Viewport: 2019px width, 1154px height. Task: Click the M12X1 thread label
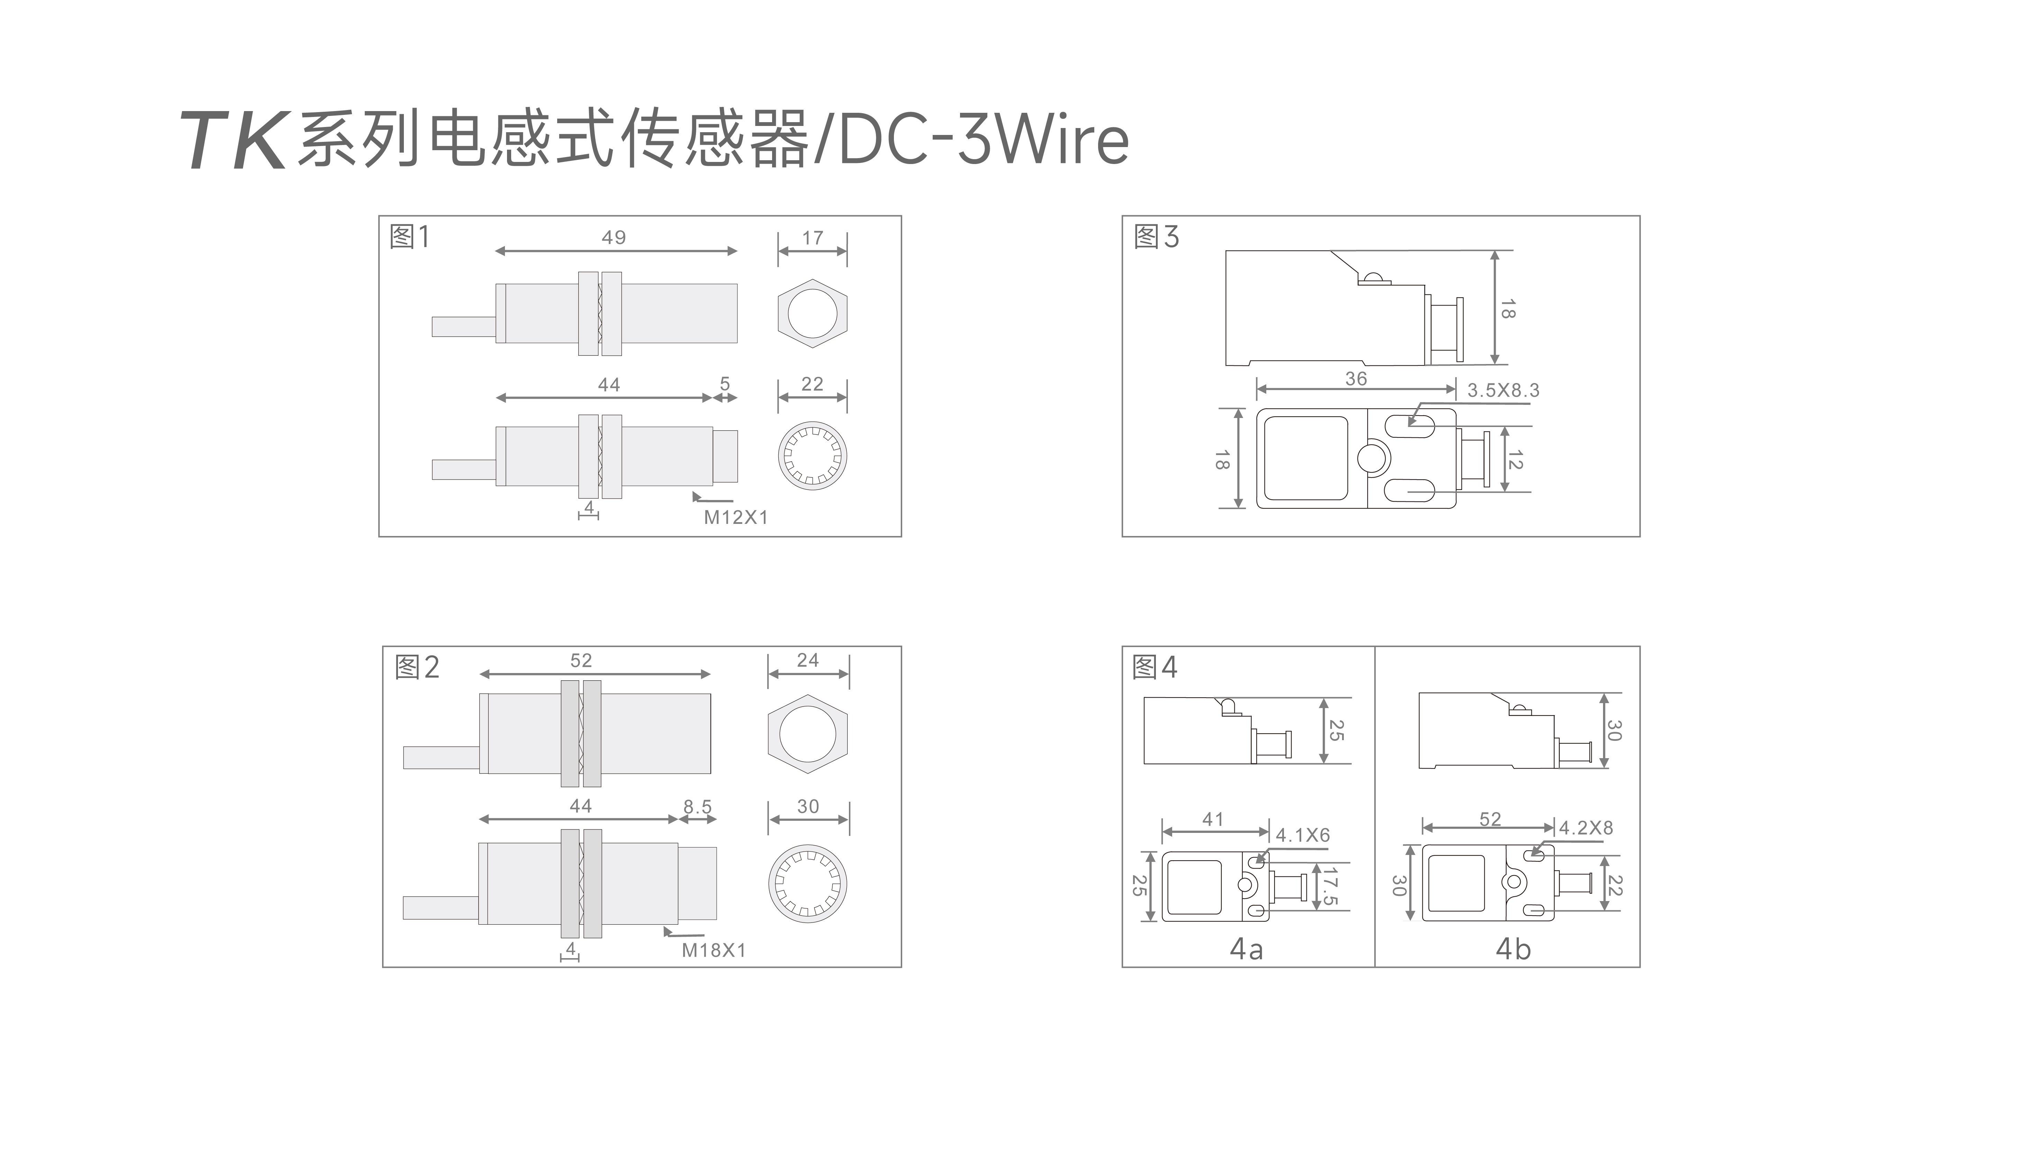[736, 518]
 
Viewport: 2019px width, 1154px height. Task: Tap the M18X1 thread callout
[713, 950]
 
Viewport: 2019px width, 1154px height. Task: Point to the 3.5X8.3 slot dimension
[1503, 390]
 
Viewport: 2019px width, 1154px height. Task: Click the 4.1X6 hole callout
[1302, 835]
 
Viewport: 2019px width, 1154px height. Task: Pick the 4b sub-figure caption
[1512, 949]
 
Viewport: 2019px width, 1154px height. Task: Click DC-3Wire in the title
[983, 140]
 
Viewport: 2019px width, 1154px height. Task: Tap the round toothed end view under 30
[808, 884]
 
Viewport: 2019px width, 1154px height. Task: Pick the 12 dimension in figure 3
[1515, 460]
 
